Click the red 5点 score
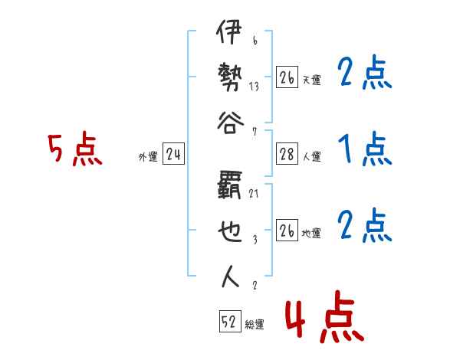74,149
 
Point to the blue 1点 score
364,149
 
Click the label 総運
255,325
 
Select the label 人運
311,157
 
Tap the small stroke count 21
254,194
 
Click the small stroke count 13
254,86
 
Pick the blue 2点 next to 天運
364,74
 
